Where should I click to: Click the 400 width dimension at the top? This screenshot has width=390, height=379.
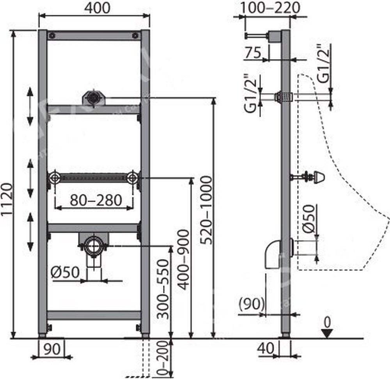[x=97, y=8]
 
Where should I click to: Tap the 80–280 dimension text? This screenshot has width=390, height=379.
[x=96, y=200]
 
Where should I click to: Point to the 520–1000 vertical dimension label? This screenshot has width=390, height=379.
[x=206, y=210]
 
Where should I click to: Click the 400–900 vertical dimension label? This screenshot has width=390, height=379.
[x=184, y=260]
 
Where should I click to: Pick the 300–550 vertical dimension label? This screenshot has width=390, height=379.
[x=163, y=289]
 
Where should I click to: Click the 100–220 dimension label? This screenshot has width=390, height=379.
[x=270, y=8]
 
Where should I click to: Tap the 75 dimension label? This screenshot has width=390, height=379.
[x=253, y=53]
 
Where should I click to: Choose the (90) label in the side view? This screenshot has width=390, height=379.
[x=252, y=303]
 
